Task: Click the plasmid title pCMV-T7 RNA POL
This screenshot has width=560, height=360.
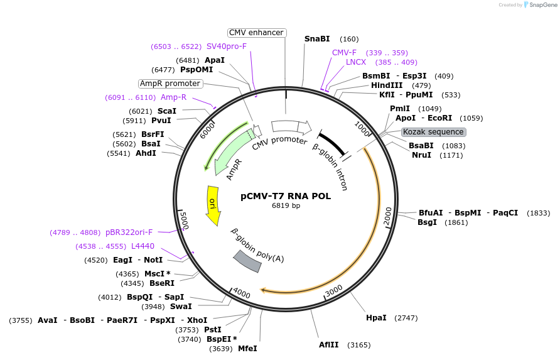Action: tap(286, 196)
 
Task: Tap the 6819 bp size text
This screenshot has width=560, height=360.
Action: tap(286, 206)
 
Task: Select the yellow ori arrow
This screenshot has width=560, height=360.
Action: tap(213, 205)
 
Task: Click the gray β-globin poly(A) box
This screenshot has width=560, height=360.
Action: tap(247, 261)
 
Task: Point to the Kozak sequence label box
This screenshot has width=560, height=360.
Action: tap(433, 132)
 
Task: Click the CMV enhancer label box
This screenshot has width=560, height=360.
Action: tap(256, 33)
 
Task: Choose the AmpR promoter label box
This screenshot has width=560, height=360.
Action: tap(170, 84)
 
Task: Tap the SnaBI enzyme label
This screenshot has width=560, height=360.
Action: tap(317, 39)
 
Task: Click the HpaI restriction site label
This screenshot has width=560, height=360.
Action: tap(376, 318)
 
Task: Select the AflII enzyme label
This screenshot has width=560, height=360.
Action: tap(328, 345)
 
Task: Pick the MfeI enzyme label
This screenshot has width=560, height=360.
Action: tap(247, 349)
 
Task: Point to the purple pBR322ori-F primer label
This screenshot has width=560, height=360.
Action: tap(129, 232)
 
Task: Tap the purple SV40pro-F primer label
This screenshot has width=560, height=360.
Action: tap(227, 46)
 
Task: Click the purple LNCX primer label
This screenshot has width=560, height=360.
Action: tap(356, 62)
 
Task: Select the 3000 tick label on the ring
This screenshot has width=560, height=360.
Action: tap(334, 288)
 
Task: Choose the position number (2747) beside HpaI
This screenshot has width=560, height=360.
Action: tap(406, 318)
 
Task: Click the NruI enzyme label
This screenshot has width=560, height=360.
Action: tap(421, 155)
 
